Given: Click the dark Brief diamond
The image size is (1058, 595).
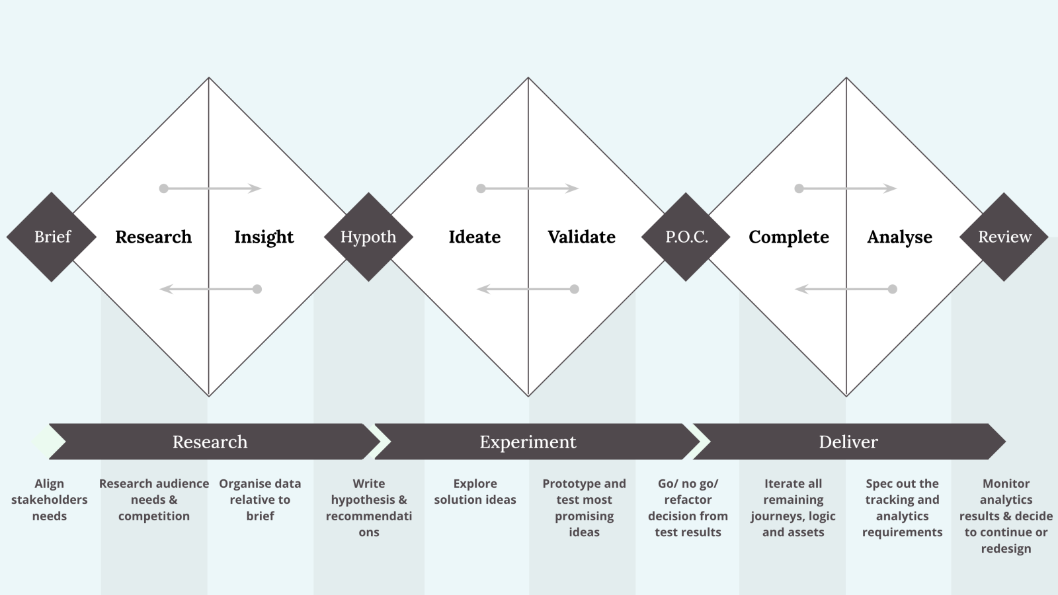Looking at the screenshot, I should pos(52,237).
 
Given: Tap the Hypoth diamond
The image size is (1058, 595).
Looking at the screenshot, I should pos(368,237).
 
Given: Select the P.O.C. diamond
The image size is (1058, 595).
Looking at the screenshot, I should pos(686,237).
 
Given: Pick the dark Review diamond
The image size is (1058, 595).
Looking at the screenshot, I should pos(1004,237).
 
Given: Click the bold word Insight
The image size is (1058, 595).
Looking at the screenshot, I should pos(264,237).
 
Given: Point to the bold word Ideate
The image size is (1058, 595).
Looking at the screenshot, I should pos(474,237).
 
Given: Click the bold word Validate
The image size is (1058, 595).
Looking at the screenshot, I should pos(581,237).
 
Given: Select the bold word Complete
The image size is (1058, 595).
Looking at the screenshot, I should pos(788,237).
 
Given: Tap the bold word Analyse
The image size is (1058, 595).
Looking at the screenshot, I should pos(899,237).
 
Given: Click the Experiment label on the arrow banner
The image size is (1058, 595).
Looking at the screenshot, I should pos(528,442).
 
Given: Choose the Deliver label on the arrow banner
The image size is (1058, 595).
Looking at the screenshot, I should pos(848,442).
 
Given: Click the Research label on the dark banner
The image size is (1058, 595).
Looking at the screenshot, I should pos(210,442).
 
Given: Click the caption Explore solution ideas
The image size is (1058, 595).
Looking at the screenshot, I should pos(475,492).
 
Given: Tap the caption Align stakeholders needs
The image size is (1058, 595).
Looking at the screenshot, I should pos(50,500).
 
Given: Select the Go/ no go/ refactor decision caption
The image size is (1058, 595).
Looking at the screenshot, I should pos(688,508).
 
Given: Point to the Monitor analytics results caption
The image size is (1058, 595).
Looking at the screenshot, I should pos(1006,516).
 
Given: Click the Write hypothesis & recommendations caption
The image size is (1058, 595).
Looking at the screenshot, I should pos(369,508).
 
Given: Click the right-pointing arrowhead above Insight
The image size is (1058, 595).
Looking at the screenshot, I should pos(255,188).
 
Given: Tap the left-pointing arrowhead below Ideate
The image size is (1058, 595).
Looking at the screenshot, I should pos(483,289).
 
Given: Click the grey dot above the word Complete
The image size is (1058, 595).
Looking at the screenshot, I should pos(799,188).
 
